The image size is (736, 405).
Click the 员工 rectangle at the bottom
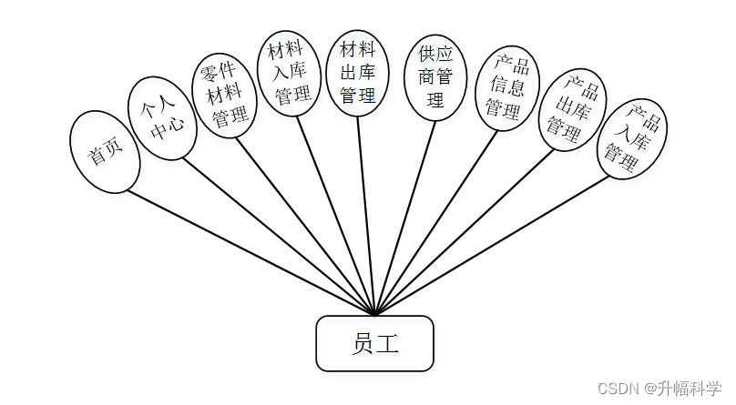(374, 343)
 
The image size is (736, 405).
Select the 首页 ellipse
(105, 152)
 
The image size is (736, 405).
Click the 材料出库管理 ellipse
(357, 71)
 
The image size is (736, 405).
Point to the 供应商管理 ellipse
(435, 77)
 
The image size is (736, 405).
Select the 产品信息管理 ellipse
(503, 87)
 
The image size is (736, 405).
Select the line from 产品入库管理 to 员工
(492, 245)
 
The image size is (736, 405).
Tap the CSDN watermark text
(617, 389)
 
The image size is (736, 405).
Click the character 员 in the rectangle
(363, 343)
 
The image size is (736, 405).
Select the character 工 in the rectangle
(387, 343)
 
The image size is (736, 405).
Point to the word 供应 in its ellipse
(435, 54)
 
